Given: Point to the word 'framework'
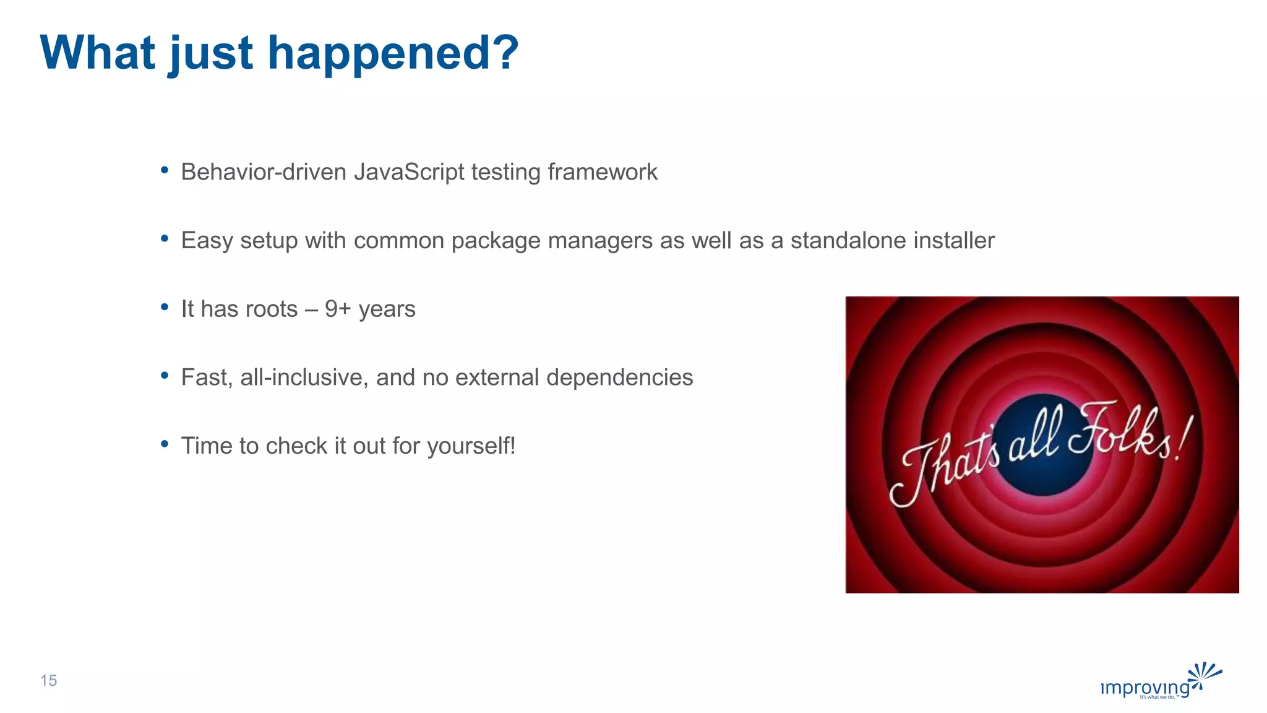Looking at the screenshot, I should coord(603,172).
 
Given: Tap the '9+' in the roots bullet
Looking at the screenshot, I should coord(338,309).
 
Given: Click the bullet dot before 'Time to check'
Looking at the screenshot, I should coord(165,444).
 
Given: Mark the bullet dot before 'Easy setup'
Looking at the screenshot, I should coord(165,238).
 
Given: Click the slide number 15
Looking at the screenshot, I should coord(48,681).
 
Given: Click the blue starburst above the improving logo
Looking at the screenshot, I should coord(1204,674).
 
